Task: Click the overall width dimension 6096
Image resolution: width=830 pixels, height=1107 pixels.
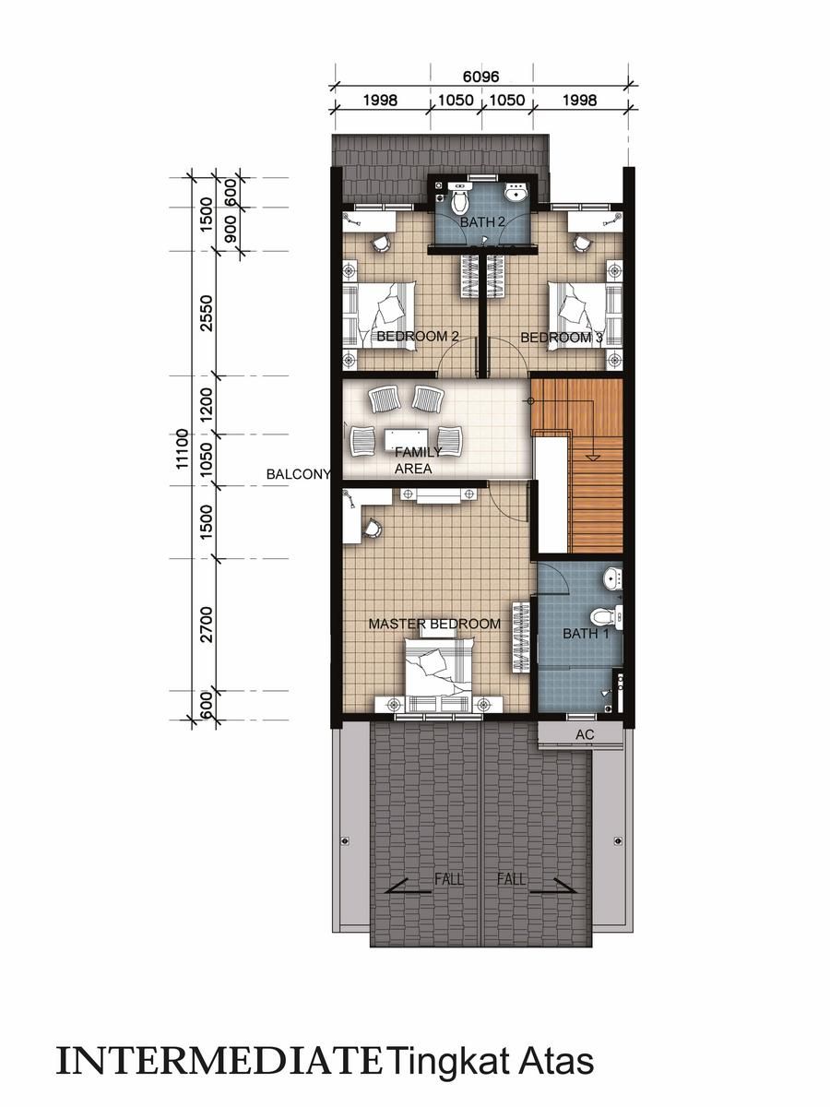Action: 480,77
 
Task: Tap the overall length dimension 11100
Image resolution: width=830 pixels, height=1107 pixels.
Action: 182,449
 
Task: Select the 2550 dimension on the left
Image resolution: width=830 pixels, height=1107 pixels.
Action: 207,313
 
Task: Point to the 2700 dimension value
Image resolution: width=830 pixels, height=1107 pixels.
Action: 207,625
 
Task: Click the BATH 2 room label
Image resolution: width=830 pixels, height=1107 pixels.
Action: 482,222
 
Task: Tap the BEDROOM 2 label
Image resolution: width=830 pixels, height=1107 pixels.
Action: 418,336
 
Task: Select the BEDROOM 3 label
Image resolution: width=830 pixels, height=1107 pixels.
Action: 562,338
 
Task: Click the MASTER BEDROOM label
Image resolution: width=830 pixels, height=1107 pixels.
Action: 434,624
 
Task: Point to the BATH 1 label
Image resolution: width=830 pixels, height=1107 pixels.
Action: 586,634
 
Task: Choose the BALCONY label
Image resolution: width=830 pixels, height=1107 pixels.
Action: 298,474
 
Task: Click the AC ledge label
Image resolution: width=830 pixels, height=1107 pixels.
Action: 585,734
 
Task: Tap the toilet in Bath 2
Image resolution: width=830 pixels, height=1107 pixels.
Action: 459,198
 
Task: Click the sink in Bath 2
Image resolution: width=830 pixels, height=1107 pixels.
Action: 516,192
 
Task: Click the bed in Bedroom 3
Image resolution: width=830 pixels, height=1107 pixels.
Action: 585,315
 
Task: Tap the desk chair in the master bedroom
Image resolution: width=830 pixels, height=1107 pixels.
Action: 373,529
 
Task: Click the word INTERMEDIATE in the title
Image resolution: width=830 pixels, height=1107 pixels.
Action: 219,1062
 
